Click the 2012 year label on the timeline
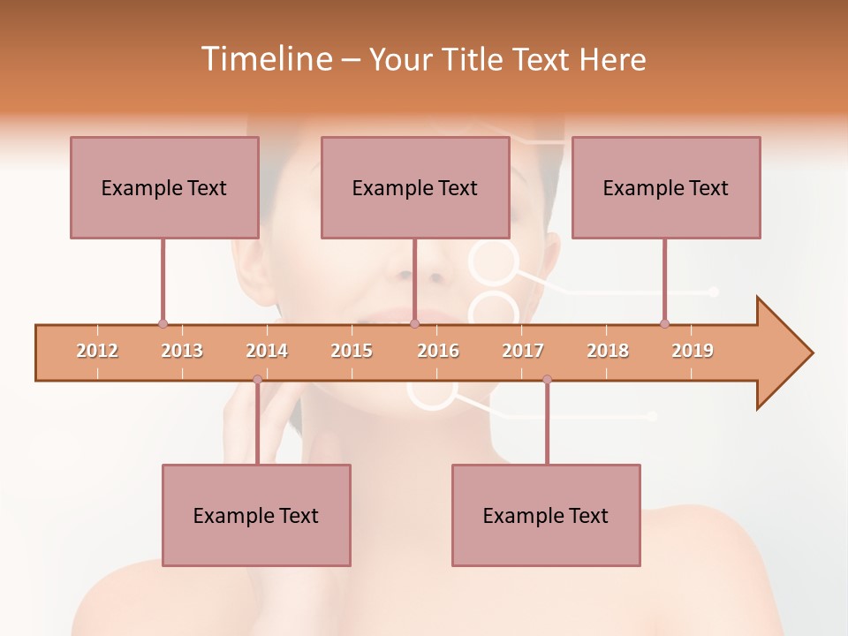tap(97, 351)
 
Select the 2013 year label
tap(182, 351)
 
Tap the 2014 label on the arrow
tap(267, 351)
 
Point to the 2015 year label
tap(352, 351)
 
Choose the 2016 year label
tap(438, 351)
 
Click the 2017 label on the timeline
tap(523, 351)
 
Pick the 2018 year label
tap(608, 351)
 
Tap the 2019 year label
tap(693, 351)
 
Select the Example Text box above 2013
tap(164, 187)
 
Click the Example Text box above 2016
tap(415, 187)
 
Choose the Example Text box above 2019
tap(666, 187)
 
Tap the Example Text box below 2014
tap(256, 515)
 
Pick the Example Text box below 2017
tap(546, 515)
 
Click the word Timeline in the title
tap(265, 59)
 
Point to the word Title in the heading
tap(477, 60)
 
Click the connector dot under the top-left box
tap(163, 323)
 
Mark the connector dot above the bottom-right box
tap(547, 380)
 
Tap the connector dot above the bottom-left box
tap(257, 380)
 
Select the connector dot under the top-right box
tap(664, 323)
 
